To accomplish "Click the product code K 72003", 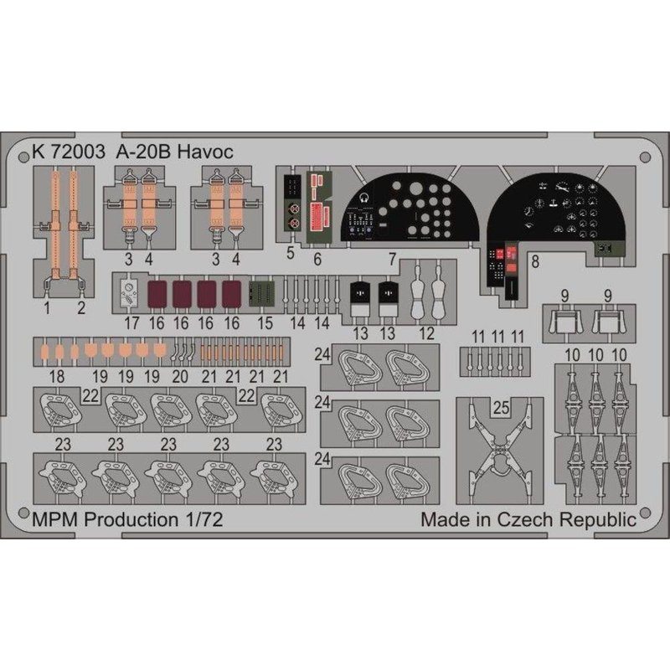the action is (69, 152).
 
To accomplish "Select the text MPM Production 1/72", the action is (127, 519).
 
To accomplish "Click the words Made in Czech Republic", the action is (528, 519).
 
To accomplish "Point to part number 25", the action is (501, 407).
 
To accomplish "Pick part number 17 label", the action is (131, 323).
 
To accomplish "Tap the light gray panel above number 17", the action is (129, 293).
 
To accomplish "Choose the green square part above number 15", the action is (261, 294).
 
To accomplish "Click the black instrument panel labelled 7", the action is (409, 209).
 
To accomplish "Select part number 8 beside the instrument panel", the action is (535, 261).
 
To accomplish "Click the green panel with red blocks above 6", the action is (319, 208).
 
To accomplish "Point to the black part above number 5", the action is (292, 203).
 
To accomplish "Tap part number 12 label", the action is (426, 333).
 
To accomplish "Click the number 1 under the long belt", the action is (47, 307).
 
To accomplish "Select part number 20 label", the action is (180, 377).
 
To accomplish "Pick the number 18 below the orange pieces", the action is (57, 377).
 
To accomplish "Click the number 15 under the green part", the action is (265, 323).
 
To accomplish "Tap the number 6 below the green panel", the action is (317, 260).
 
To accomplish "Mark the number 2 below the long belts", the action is (81, 307).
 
